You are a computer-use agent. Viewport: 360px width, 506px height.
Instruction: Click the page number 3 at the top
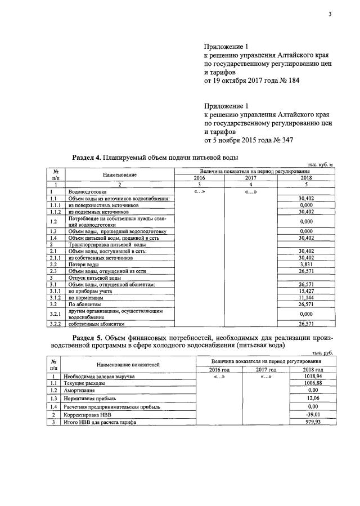330,14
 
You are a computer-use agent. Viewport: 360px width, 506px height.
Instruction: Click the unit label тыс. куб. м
320,164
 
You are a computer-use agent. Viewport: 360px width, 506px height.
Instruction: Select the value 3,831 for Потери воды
305,264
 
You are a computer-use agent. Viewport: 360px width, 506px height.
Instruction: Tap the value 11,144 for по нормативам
305,298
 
